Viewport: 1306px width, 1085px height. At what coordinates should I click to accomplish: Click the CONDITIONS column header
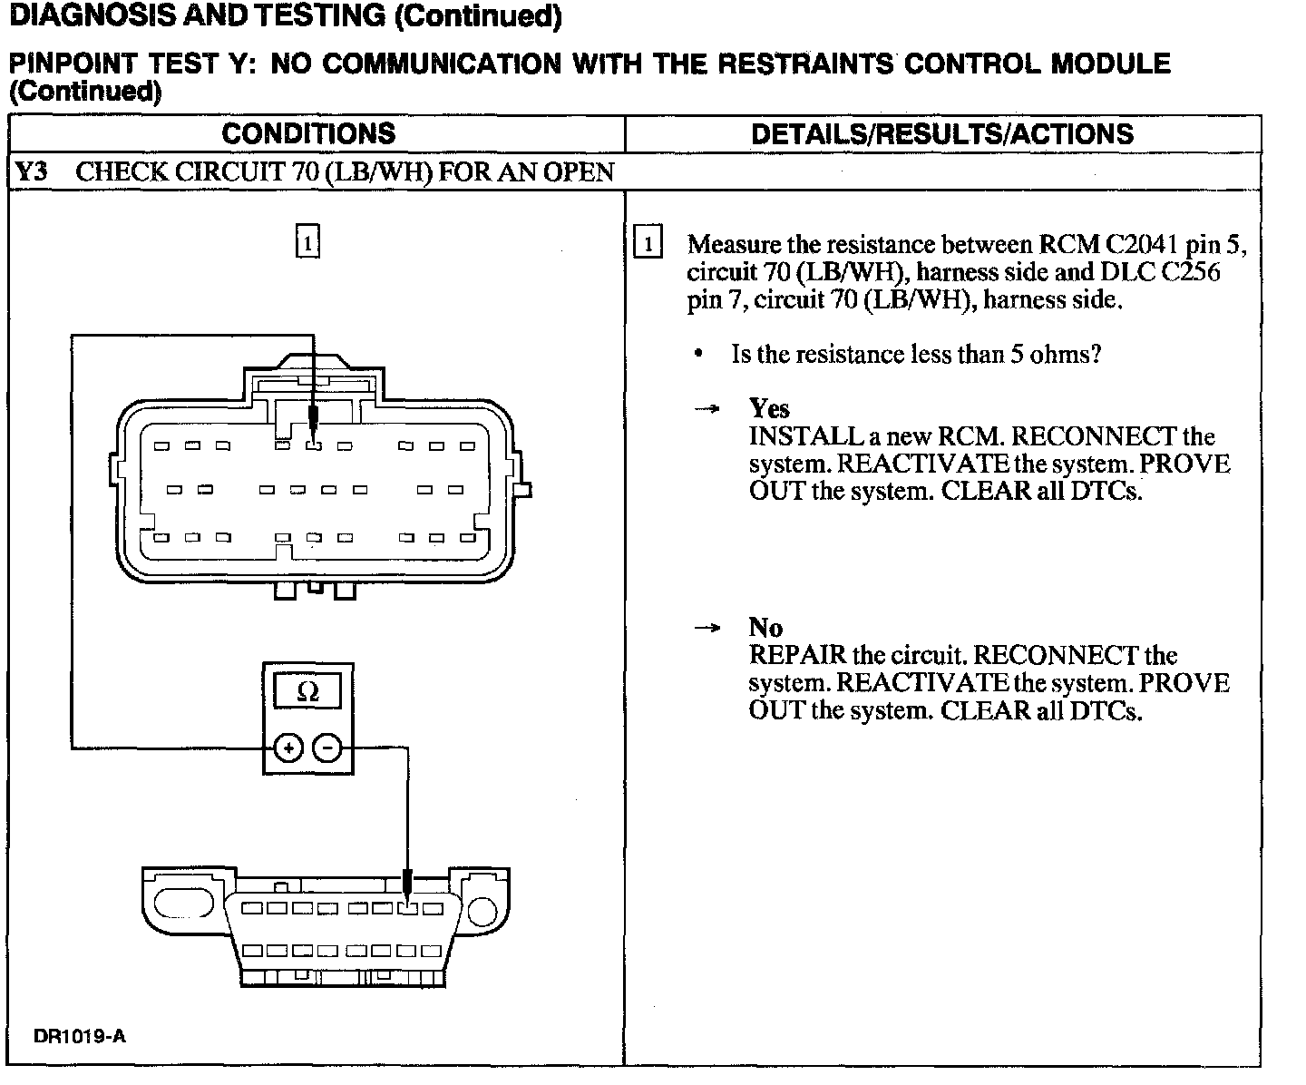click(x=308, y=134)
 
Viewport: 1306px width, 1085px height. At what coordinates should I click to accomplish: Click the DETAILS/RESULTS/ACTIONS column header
click(x=942, y=134)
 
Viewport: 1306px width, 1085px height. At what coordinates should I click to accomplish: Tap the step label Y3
click(x=32, y=172)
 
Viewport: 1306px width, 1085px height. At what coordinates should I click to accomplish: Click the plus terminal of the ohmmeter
click(x=288, y=748)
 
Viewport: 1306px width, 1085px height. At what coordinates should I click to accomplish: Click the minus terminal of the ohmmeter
click(x=327, y=748)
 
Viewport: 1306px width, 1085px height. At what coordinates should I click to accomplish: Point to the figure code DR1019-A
click(x=80, y=1036)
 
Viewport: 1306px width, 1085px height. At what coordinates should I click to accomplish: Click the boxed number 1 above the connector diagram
click(x=308, y=242)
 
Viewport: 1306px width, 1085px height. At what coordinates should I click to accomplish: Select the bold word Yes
click(x=769, y=408)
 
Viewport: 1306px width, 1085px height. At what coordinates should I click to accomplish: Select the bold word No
click(x=765, y=627)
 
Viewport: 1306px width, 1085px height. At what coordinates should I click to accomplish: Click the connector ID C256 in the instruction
click(x=1190, y=271)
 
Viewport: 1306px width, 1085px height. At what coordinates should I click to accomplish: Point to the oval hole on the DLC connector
click(x=183, y=903)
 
